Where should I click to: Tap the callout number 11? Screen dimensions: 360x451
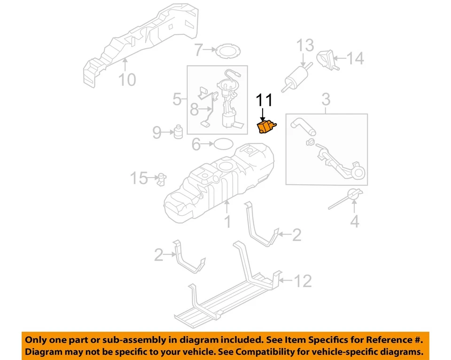point(264,100)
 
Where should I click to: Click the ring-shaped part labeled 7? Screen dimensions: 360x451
point(226,50)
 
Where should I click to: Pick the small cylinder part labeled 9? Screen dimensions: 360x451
point(179,132)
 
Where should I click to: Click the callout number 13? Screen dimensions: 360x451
point(305,47)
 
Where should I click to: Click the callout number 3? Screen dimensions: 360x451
point(326,100)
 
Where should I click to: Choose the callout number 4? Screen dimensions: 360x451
point(355,221)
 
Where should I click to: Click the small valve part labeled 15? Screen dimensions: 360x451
point(163,179)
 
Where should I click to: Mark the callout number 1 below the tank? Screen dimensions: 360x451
point(227,221)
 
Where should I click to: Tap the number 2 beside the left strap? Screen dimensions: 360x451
point(159,255)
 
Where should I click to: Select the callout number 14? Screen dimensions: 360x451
point(356,58)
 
